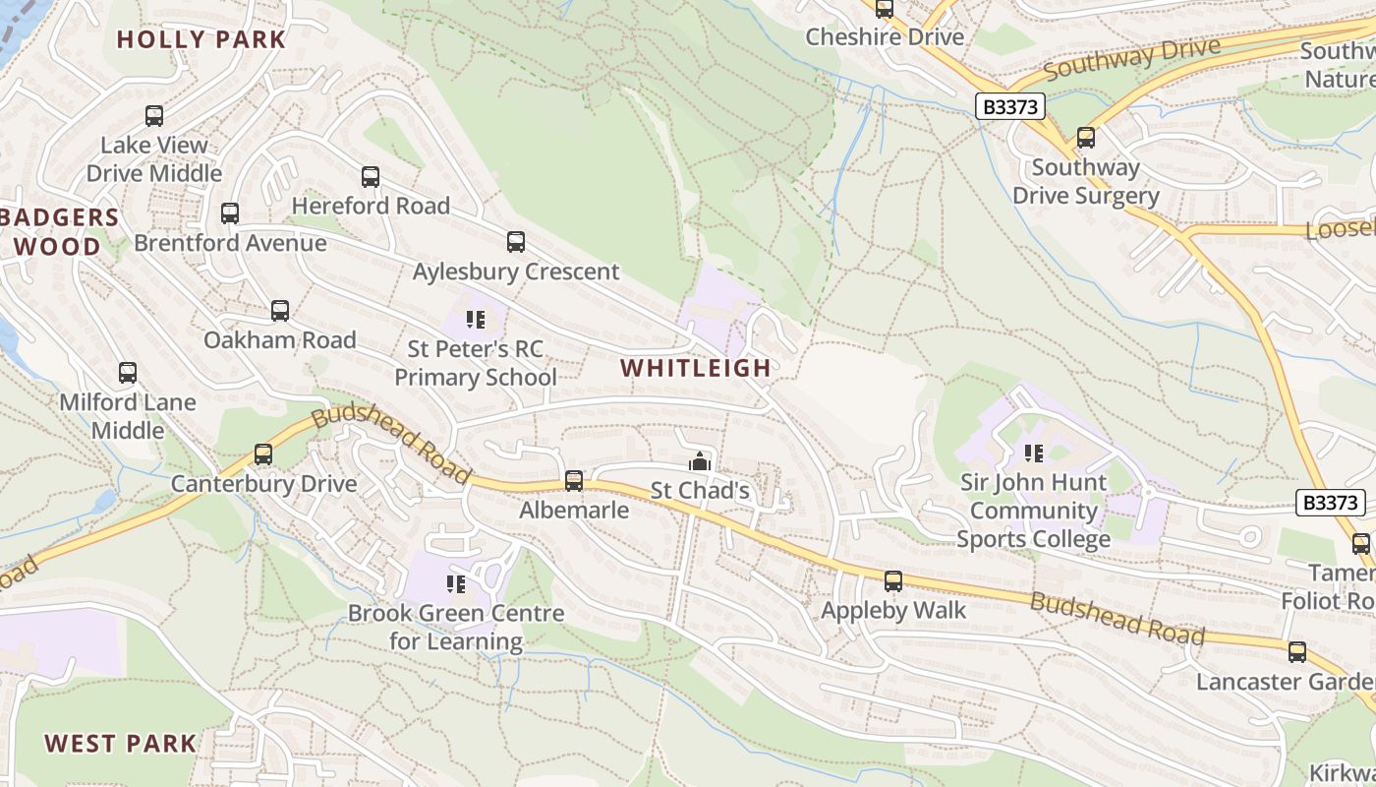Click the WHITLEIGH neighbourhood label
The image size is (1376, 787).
(696, 368)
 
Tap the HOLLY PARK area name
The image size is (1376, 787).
(201, 39)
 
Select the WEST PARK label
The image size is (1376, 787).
(121, 743)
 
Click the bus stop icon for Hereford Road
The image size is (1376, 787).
(371, 177)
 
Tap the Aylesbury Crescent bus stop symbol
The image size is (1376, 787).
(516, 242)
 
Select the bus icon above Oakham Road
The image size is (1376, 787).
(280, 311)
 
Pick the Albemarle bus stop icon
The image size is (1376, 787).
(574, 481)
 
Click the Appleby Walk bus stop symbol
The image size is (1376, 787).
(893, 581)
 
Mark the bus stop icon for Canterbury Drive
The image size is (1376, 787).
(263, 454)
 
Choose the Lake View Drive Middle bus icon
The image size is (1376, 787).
(154, 116)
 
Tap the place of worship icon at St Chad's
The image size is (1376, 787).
(700, 460)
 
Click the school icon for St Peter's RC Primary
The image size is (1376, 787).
(476, 320)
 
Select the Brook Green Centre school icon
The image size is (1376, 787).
(455, 584)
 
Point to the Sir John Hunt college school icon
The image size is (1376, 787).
(1033, 453)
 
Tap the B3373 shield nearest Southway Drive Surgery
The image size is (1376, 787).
(1009, 106)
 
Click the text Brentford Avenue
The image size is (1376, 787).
(230, 243)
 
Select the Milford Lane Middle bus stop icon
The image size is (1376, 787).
(128, 373)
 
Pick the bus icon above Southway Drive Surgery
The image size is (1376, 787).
(1086, 138)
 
